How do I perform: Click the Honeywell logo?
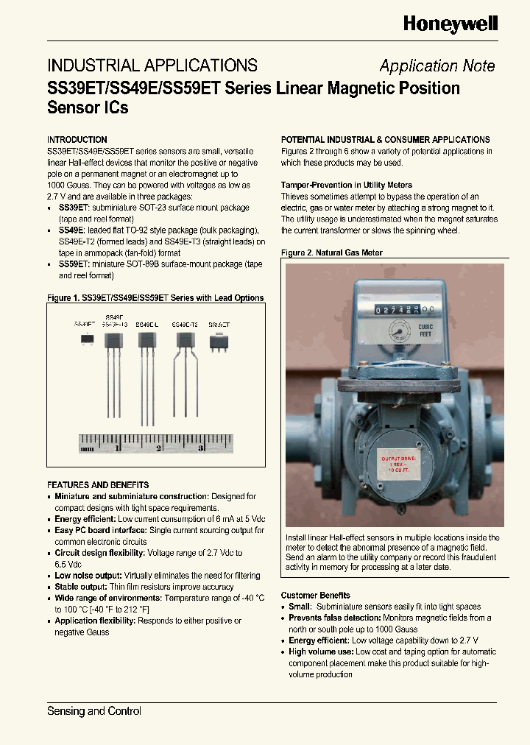click(x=450, y=24)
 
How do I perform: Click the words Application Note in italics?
click(x=437, y=66)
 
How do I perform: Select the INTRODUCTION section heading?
click(x=77, y=139)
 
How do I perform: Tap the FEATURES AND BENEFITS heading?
click(x=98, y=485)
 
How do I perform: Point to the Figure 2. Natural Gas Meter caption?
click(x=332, y=253)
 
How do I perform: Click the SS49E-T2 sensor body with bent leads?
click(x=183, y=339)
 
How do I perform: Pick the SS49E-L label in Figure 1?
click(x=147, y=324)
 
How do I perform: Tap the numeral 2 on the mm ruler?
click(x=158, y=447)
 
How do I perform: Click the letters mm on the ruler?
click(x=88, y=447)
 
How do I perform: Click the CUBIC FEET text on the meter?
click(x=425, y=331)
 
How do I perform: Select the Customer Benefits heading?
click(x=315, y=595)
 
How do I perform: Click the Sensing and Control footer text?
click(x=94, y=711)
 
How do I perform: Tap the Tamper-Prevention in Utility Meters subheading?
click(x=347, y=185)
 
